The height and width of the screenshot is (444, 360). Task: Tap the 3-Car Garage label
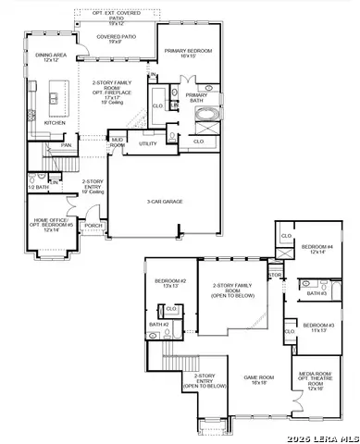tap(165, 201)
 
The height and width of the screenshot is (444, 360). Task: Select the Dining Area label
tap(50, 58)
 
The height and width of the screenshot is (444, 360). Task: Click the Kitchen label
tap(56, 122)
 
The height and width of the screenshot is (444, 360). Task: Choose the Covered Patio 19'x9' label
tap(115, 40)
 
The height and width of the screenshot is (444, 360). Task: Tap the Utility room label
tap(147, 143)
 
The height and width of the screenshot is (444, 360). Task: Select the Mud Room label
tap(118, 143)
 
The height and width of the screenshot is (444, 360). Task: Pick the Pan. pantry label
tap(66, 145)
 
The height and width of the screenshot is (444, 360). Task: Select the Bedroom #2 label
tap(170, 283)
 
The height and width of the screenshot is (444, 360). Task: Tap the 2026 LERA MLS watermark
tap(325, 437)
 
